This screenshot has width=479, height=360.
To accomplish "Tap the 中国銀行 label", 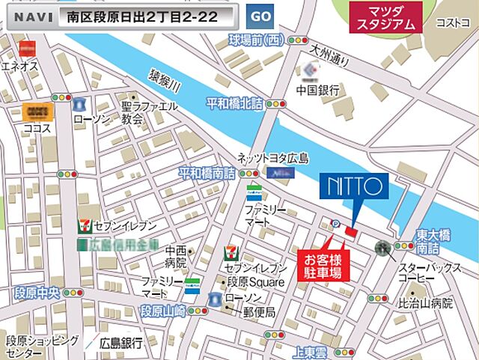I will point(317,91).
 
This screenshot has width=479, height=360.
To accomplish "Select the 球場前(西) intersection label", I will point(257,39).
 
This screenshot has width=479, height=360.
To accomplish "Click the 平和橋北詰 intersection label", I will point(235,103).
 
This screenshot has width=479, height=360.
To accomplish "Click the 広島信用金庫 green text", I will point(123,244).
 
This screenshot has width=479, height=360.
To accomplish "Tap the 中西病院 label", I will point(177,257).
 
